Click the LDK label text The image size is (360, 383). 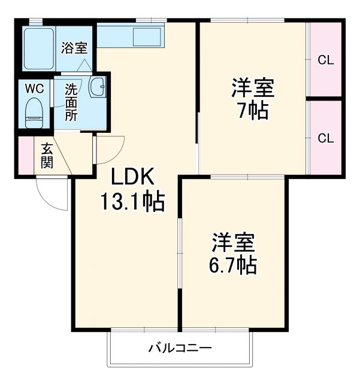point(133,177)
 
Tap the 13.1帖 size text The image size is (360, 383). point(132,202)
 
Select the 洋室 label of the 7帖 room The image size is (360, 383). point(252,88)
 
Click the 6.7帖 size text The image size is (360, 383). point(234,264)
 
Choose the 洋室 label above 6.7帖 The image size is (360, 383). point(234,242)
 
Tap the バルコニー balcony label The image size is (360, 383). point(180,347)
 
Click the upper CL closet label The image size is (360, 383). point(325,60)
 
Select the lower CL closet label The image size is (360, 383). point(325,138)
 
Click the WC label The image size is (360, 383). point(34,88)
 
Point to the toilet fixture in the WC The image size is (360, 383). point(34,113)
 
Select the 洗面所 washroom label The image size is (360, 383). point(71,102)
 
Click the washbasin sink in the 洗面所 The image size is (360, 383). point(97,87)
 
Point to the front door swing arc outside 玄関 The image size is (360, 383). point(53,194)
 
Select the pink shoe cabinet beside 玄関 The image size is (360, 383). point(26,156)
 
